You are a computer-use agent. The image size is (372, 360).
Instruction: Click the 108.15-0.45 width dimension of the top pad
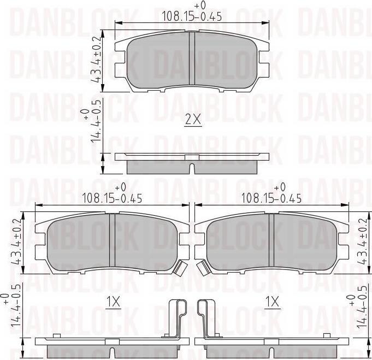[x=192, y=16]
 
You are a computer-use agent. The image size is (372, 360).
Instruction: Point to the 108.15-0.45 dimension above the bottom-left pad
[x=112, y=198]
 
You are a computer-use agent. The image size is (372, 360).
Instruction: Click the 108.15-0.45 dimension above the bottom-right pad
[x=272, y=198]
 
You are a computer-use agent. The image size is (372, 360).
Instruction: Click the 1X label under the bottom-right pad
[x=271, y=301]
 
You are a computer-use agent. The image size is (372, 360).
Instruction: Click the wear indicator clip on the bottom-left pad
[x=180, y=267]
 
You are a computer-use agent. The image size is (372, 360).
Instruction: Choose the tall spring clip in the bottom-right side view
[x=206, y=320]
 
